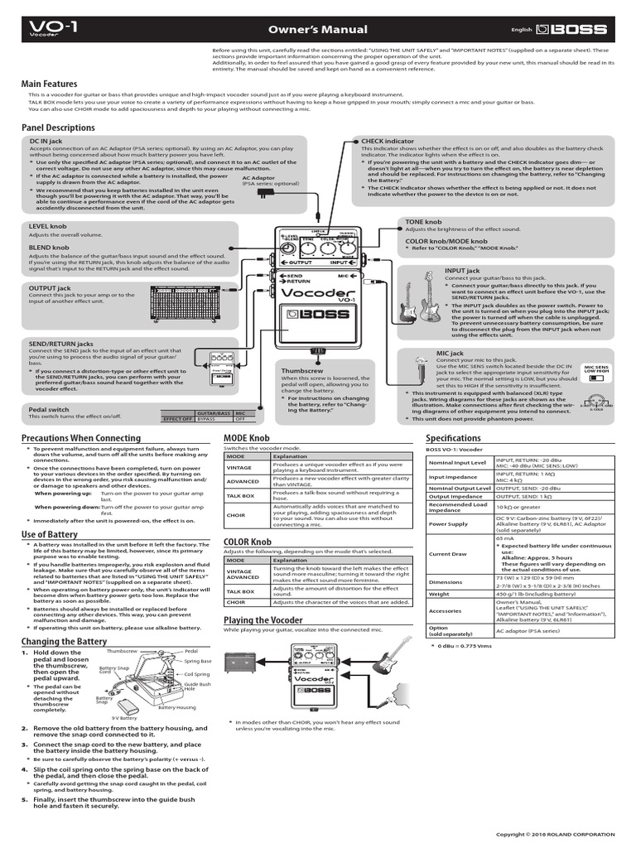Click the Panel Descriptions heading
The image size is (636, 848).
click(x=58, y=128)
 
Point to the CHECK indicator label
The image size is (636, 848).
click(x=388, y=142)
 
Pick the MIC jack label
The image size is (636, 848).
click(x=450, y=354)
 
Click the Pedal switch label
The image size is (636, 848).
click(x=49, y=409)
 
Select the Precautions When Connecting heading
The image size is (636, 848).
click(x=80, y=438)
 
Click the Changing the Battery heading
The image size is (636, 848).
click(x=64, y=642)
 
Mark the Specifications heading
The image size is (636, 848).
click(x=453, y=438)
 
